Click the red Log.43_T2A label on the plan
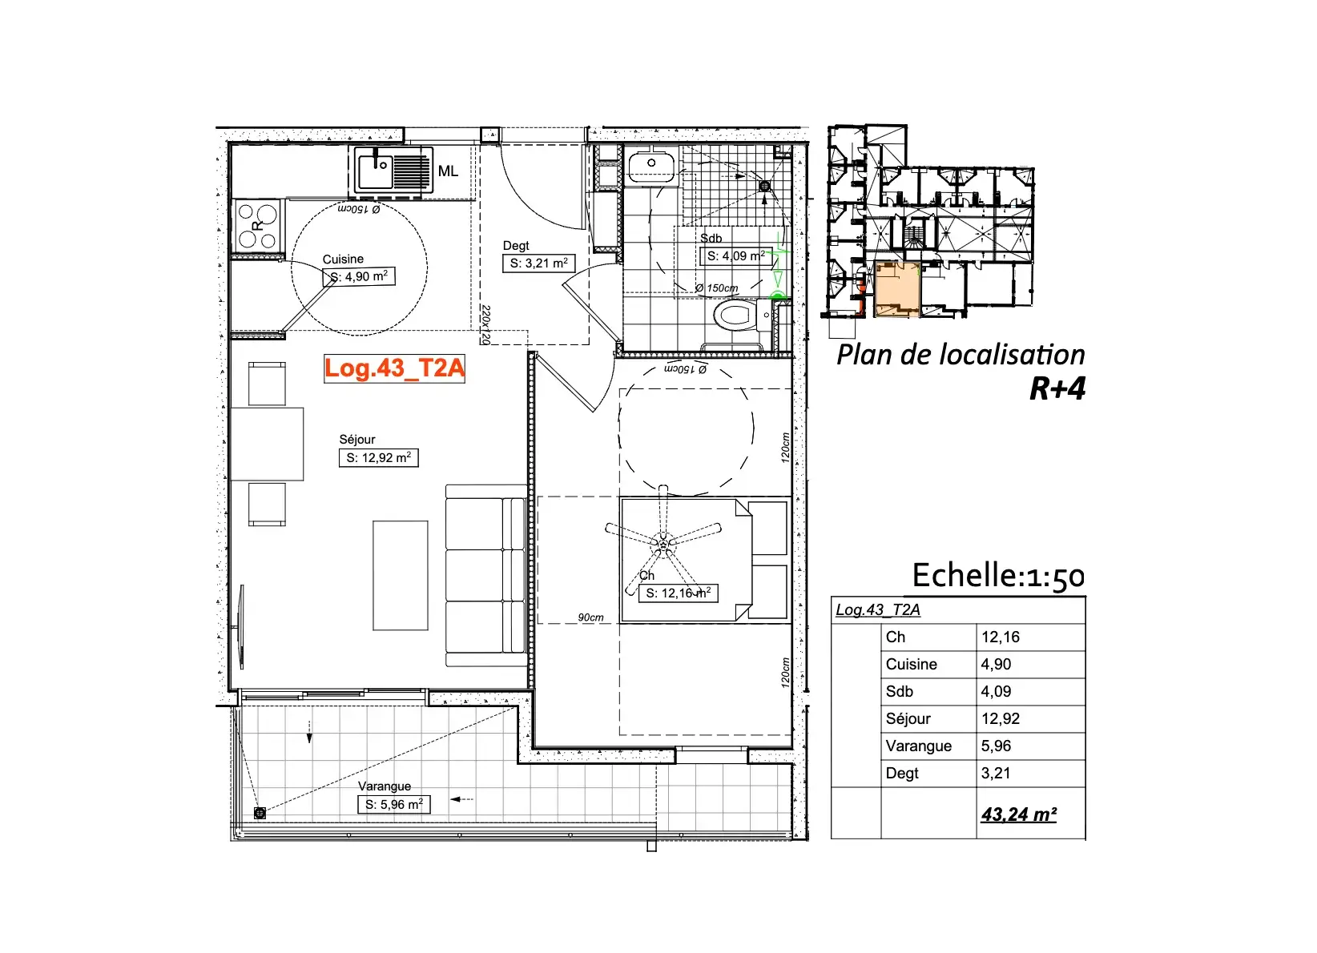394,368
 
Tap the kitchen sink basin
375,171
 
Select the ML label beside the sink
448,171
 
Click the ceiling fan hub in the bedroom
664,545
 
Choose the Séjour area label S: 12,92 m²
379,458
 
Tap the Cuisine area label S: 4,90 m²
359,276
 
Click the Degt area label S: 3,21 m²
538,263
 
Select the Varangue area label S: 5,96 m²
394,804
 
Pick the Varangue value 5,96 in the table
996,746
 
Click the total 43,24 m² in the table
1019,814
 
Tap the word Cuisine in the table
912,665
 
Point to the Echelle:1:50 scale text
998,576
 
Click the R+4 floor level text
1057,388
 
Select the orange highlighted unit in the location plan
897,289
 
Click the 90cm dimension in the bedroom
590,617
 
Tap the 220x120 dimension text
485,324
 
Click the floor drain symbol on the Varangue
260,813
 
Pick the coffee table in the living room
401,576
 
